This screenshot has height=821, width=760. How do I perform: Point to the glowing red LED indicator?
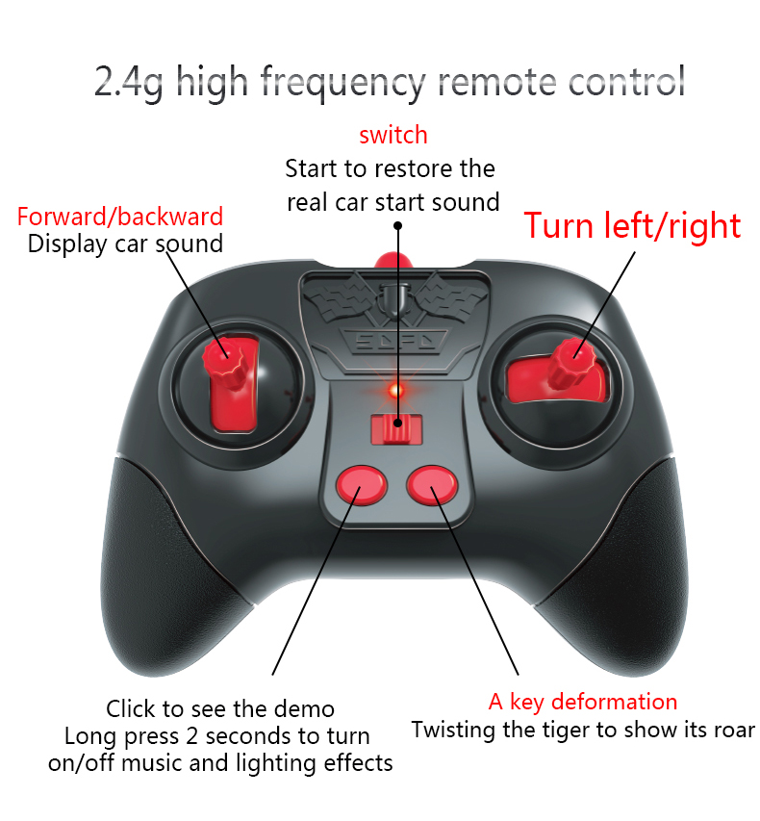(x=394, y=391)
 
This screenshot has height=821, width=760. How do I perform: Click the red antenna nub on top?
(x=391, y=261)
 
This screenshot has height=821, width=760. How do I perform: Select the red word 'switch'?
(x=393, y=135)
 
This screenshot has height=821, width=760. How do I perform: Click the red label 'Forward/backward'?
(x=120, y=217)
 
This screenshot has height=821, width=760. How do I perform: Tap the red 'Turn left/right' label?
(x=632, y=225)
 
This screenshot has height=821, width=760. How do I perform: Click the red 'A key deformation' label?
(x=582, y=702)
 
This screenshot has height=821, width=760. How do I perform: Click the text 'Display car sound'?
(x=125, y=244)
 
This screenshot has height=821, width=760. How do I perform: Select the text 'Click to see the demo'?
(x=220, y=709)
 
